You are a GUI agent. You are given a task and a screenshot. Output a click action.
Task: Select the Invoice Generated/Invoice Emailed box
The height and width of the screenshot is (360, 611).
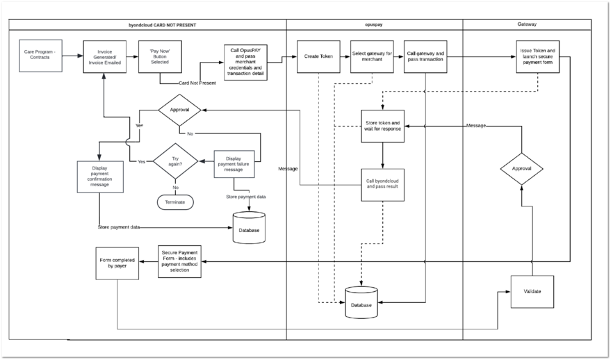104,56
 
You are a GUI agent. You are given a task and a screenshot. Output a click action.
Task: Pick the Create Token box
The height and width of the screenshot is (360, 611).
318,56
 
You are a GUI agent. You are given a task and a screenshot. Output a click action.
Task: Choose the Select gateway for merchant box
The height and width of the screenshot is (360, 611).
371,56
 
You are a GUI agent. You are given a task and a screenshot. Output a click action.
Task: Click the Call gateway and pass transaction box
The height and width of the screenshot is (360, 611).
425,56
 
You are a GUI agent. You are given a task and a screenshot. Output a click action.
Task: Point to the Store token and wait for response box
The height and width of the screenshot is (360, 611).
382,126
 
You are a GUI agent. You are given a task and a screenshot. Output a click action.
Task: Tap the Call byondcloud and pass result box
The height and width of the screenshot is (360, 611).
382,184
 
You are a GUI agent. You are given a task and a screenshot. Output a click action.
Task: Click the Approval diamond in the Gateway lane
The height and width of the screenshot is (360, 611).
521,168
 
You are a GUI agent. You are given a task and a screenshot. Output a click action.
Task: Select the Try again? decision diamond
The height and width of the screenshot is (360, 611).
176,161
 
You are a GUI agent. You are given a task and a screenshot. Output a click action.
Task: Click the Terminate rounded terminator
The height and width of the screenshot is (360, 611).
175,202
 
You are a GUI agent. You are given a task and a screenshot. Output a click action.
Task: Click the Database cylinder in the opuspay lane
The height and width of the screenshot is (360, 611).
361,302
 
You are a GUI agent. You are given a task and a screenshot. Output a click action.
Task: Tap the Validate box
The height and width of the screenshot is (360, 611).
532,291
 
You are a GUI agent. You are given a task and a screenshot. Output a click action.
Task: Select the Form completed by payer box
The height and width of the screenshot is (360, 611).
117,261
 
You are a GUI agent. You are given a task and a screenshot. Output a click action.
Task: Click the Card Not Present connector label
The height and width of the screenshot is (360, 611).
197,83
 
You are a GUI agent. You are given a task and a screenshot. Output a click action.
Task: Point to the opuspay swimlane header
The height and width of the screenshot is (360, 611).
375,24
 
